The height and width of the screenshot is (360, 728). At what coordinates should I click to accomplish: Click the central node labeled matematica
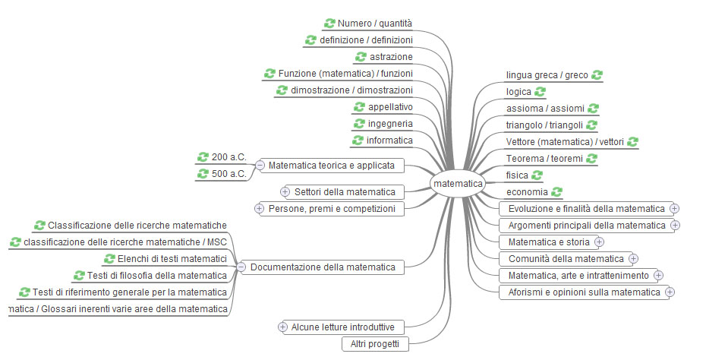[x=458, y=184]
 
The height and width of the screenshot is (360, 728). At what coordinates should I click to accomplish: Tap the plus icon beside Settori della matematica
[x=285, y=191]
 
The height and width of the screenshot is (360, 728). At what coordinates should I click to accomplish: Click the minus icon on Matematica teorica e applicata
[x=260, y=165]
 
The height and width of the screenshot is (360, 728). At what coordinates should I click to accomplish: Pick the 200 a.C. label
[x=228, y=157]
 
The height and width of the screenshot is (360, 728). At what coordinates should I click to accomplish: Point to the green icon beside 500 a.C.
[x=203, y=174]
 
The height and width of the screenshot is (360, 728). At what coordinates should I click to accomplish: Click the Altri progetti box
[x=375, y=344]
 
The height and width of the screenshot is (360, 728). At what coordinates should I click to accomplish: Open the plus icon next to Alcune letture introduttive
[x=283, y=327]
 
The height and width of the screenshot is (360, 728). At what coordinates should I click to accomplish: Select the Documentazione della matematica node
[x=323, y=267]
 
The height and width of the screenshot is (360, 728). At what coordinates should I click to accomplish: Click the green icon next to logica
[x=540, y=92]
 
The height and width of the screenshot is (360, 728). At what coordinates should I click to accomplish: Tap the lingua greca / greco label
[x=547, y=75]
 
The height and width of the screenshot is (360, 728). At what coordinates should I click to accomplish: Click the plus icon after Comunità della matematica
[x=634, y=259]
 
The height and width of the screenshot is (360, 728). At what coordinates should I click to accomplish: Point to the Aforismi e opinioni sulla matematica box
[x=584, y=292]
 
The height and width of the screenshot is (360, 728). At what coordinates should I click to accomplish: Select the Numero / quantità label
[x=375, y=24]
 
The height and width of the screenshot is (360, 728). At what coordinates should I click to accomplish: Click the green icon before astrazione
[x=361, y=57]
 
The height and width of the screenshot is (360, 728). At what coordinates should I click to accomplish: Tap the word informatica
[x=390, y=141]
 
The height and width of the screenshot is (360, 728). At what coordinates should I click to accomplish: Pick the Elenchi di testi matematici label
[x=172, y=258]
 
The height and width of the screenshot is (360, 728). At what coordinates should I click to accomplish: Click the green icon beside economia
[x=556, y=192]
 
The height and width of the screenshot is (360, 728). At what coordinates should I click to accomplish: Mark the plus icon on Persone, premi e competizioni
[x=259, y=208]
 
